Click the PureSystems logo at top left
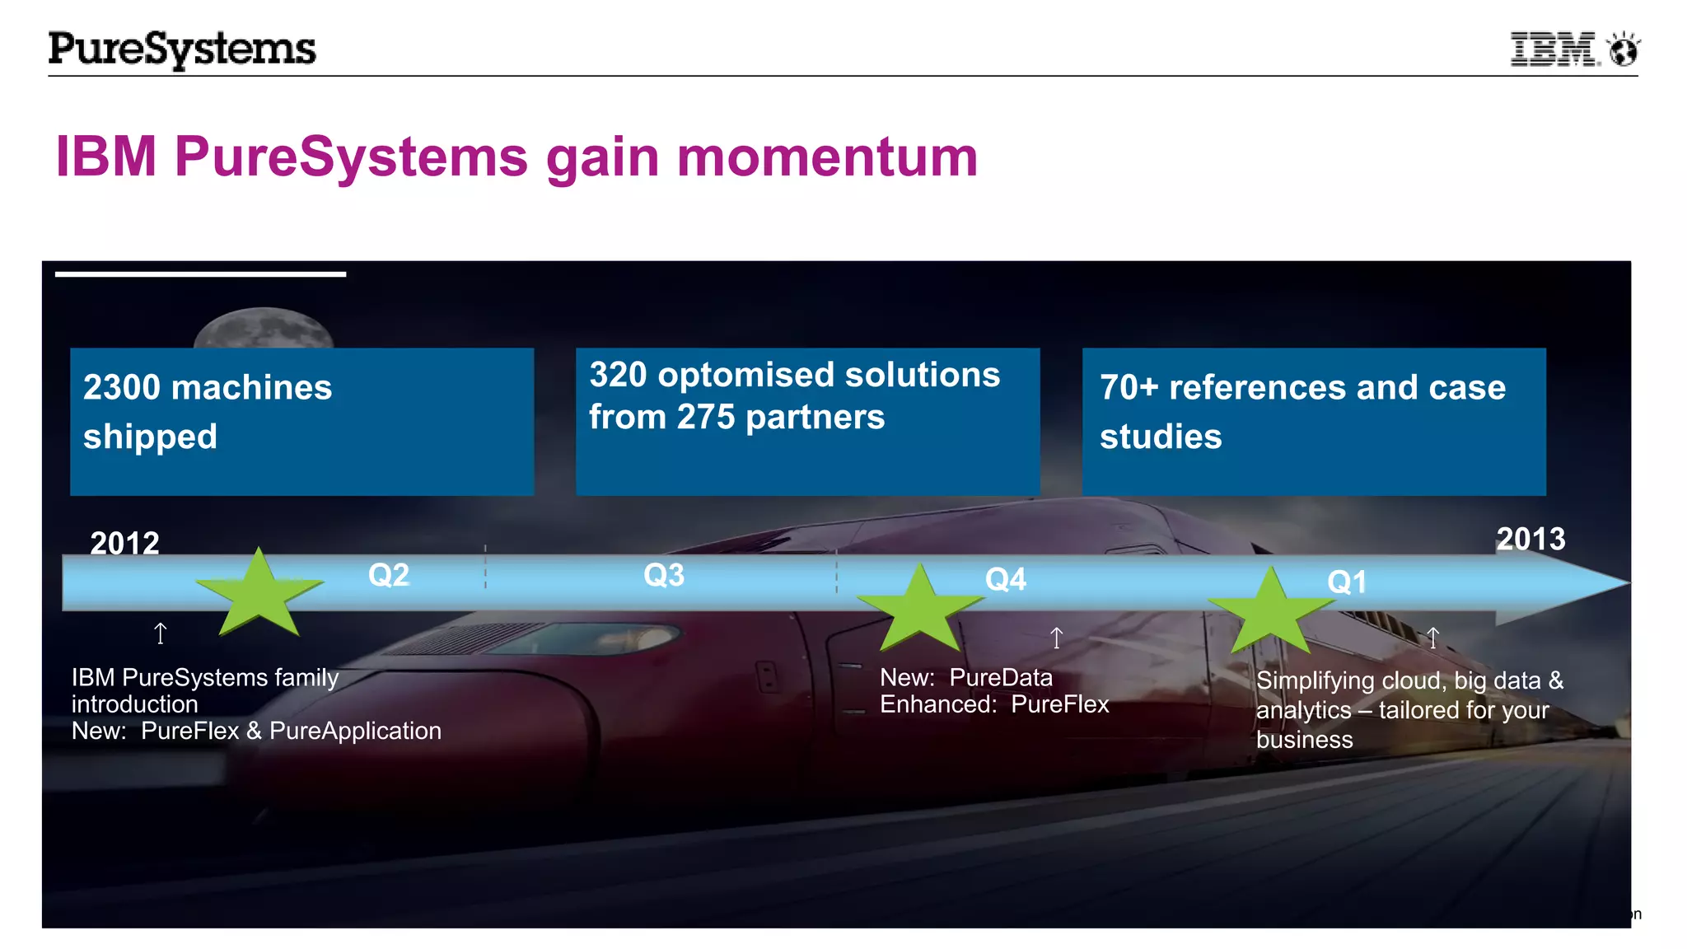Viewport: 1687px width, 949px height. point(182,49)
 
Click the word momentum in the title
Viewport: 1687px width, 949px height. point(827,157)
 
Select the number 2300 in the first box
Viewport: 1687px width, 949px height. point(122,388)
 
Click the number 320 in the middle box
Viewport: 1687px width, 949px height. point(618,375)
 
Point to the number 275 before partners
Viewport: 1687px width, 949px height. point(705,418)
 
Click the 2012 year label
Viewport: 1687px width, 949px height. point(124,543)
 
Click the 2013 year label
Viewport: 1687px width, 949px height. point(1530,540)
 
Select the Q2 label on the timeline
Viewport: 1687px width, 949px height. point(389,575)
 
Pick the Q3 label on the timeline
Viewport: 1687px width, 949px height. point(664,575)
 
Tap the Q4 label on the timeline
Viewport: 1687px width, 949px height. point(1006,580)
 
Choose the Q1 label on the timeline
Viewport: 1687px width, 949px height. point(1347,582)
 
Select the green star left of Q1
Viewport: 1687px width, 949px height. point(1271,613)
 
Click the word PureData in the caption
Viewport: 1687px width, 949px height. point(1001,678)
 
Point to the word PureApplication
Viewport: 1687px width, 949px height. point(355,732)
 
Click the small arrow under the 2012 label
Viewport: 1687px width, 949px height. point(161,633)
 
